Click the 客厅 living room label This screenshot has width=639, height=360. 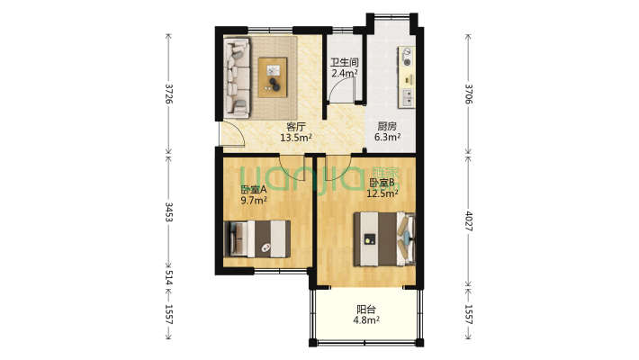pyautogui.click(x=296, y=126)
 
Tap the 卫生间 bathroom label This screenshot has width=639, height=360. pyautogui.click(x=345, y=62)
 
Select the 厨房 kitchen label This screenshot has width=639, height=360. pyautogui.click(x=387, y=126)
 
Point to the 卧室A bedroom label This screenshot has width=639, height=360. pyautogui.click(x=254, y=190)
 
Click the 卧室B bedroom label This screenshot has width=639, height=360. pyautogui.click(x=382, y=182)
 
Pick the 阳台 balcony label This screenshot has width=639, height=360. pyautogui.click(x=366, y=310)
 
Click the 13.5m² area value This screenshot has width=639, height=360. pyautogui.click(x=296, y=138)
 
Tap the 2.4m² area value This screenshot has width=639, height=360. pyautogui.click(x=345, y=74)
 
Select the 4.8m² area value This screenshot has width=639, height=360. pyautogui.click(x=366, y=320)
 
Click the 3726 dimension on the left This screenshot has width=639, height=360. pyautogui.click(x=169, y=94)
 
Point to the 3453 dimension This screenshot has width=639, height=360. pyautogui.click(x=169, y=211)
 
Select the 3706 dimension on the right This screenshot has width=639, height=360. pyautogui.click(x=469, y=94)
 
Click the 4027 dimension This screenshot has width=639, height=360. pyautogui.click(x=469, y=221)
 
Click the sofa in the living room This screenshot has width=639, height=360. pyautogui.click(x=237, y=78)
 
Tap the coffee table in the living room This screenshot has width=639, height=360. pyautogui.click(x=273, y=77)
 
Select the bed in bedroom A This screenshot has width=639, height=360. pyautogui.click(x=257, y=238)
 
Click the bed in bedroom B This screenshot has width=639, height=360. pyautogui.click(x=384, y=238)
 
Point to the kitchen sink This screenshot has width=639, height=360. pyautogui.click(x=407, y=98)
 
